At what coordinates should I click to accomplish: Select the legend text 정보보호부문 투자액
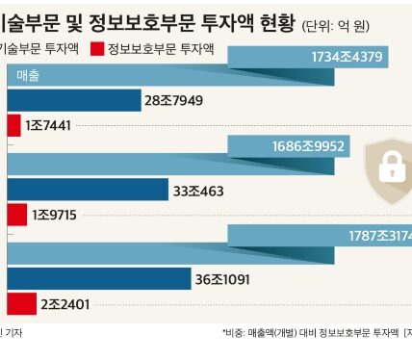[x=155, y=49]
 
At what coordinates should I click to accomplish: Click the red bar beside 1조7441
[x=13, y=125]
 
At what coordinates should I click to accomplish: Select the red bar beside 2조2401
[x=20, y=304]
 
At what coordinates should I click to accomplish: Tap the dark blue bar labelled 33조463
[x=87, y=190]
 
